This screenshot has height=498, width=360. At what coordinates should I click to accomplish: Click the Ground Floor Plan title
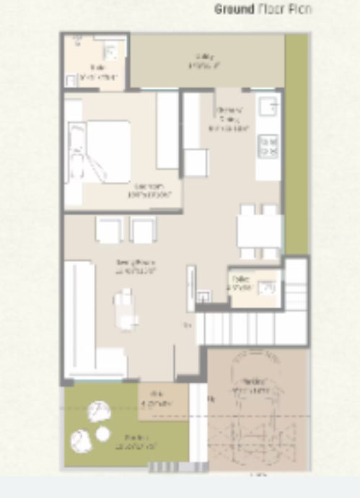(x=263, y=9)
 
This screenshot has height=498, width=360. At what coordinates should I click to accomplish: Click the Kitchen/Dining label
(x=229, y=120)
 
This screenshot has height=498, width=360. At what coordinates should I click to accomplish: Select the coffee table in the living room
(x=124, y=309)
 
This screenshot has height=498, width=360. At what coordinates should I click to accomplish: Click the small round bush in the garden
(x=102, y=434)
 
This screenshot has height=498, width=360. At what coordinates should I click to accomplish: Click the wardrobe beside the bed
(x=167, y=131)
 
